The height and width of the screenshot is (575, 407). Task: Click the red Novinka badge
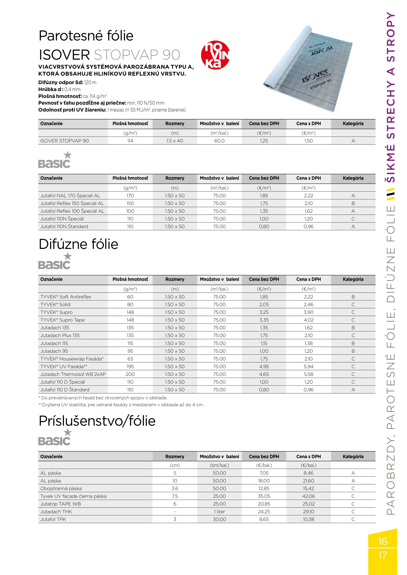(215, 55)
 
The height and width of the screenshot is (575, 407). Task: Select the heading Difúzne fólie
(78, 244)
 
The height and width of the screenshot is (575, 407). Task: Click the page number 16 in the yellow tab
(382, 541)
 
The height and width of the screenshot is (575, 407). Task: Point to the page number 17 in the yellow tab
(382, 555)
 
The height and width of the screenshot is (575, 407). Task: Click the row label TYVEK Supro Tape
(62, 320)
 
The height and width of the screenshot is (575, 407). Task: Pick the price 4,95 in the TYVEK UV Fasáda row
(264, 367)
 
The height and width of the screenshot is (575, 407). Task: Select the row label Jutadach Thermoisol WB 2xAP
(73, 374)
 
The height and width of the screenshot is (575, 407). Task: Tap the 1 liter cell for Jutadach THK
(219, 512)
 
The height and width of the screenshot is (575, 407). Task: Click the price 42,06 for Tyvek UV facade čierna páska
(308, 496)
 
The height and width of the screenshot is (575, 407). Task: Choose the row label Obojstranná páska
(61, 488)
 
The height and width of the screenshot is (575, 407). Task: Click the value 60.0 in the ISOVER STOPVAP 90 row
(219, 141)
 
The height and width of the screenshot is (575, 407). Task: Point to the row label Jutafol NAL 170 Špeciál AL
(70, 196)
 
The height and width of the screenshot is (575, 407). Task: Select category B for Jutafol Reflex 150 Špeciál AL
(353, 203)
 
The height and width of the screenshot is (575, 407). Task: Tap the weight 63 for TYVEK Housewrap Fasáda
(130, 359)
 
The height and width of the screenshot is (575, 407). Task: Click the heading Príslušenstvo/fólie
(97, 421)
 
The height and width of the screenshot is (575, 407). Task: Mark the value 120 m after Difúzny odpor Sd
(90, 83)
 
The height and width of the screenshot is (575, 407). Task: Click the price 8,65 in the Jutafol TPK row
(264, 519)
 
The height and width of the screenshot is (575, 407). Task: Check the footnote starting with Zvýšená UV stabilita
(121, 405)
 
